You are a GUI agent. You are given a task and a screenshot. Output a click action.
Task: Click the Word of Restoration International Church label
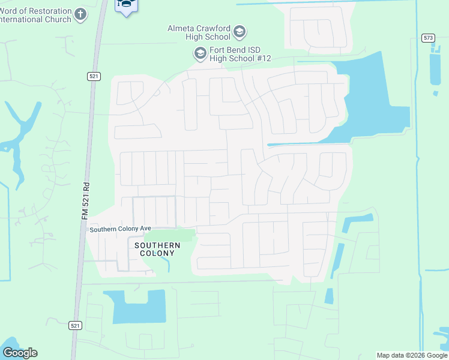36,15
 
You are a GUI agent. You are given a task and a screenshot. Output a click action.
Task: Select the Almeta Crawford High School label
199,32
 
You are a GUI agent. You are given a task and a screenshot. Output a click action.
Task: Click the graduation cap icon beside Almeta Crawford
240,32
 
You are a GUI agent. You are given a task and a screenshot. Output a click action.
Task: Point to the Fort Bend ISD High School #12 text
241,53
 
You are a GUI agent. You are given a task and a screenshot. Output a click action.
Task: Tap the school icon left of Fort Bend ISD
200,54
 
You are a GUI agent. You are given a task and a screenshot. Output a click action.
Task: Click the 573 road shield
428,38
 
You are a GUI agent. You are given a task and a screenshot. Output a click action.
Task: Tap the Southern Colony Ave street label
119,229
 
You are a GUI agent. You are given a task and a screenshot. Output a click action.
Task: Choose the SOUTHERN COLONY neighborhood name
157,249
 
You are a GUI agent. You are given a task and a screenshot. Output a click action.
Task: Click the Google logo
20,353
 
